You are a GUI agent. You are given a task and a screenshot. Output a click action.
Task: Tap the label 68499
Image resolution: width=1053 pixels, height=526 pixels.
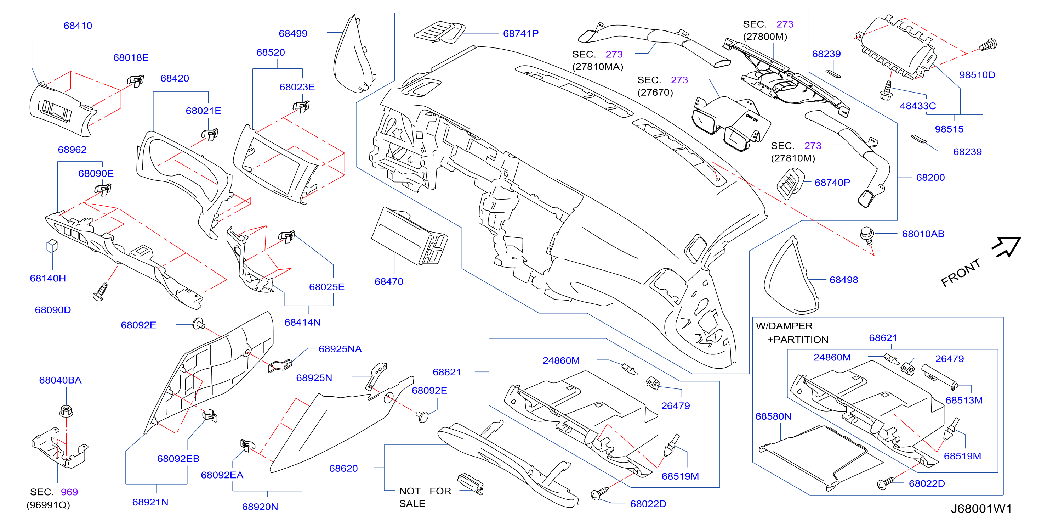(293, 34)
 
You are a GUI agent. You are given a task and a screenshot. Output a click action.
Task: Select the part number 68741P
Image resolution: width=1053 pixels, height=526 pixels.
(520, 34)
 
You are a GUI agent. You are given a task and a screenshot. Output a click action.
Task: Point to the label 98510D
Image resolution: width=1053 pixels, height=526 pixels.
(977, 75)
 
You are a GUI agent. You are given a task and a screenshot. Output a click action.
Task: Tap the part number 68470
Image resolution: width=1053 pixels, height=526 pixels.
(389, 282)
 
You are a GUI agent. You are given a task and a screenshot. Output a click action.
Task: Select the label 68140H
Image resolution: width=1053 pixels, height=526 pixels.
(48, 278)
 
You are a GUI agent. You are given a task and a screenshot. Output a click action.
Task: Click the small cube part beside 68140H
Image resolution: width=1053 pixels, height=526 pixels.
(52, 246)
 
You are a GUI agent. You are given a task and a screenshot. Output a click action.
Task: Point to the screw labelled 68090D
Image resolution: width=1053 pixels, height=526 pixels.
(101, 291)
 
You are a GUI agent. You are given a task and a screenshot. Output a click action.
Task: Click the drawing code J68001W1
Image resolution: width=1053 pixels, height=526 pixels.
(981, 509)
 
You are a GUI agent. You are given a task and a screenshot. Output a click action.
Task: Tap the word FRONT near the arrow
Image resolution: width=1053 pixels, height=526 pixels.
(960, 273)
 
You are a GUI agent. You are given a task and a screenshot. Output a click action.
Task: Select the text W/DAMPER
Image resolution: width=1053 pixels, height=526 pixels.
(784, 326)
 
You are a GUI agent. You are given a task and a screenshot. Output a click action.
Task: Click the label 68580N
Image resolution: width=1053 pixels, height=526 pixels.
(773, 417)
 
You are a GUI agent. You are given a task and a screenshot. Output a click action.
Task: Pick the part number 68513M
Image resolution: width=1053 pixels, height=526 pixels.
(963, 400)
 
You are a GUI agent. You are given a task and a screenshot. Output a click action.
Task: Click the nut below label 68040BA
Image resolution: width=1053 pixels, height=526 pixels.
(66, 410)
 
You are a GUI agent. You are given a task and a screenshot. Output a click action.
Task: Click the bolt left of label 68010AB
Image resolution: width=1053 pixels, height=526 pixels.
(867, 235)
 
